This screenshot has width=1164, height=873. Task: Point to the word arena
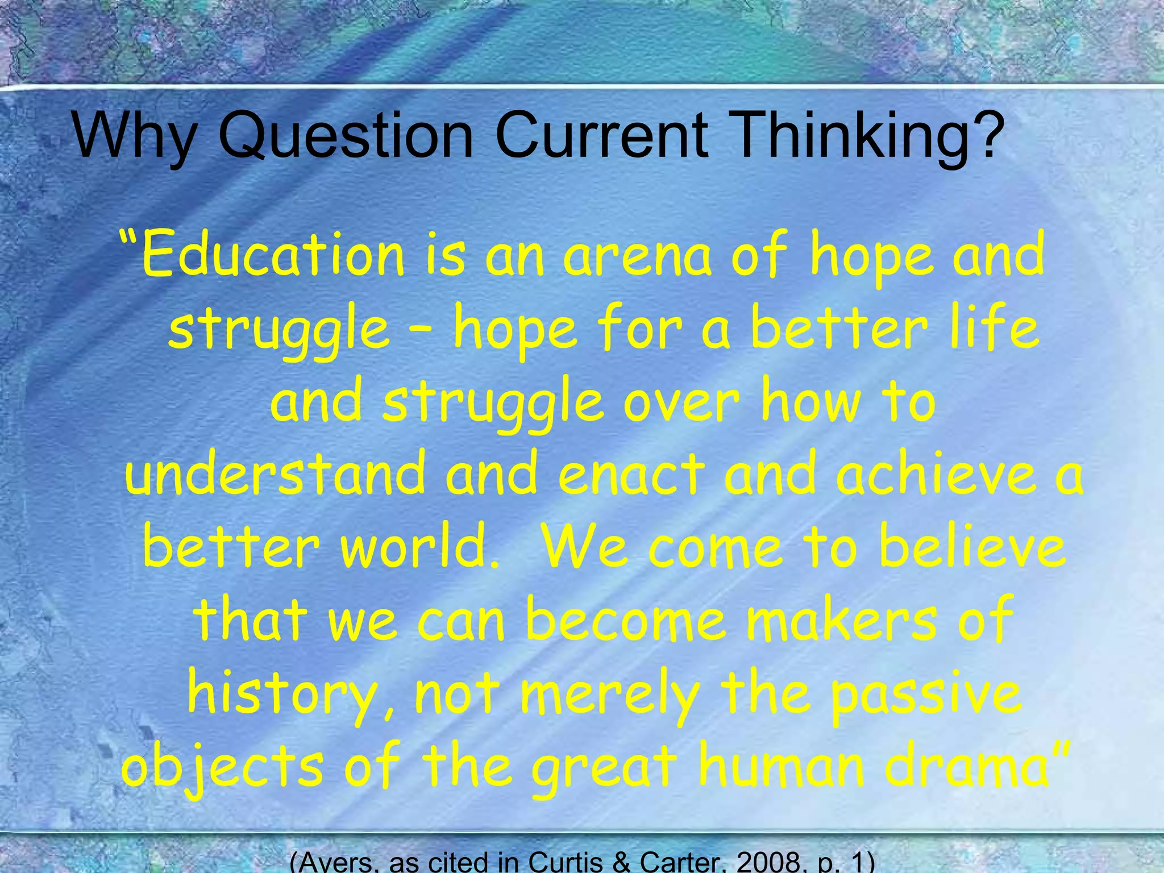click(x=637, y=256)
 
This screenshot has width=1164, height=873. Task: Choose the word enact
click(x=631, y=475)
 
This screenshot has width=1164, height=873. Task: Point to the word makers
click(x=841, y=620)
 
